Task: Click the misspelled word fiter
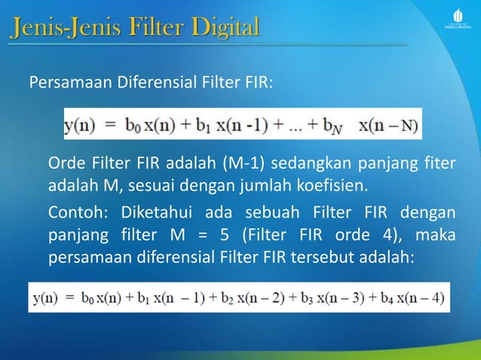coord(439,163)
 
